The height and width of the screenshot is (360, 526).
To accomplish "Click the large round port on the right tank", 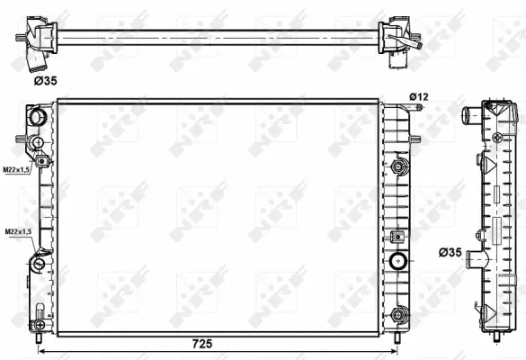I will point(398,262).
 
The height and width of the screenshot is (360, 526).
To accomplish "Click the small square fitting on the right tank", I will point(397,236).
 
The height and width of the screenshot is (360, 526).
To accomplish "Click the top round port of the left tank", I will point(37,117).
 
